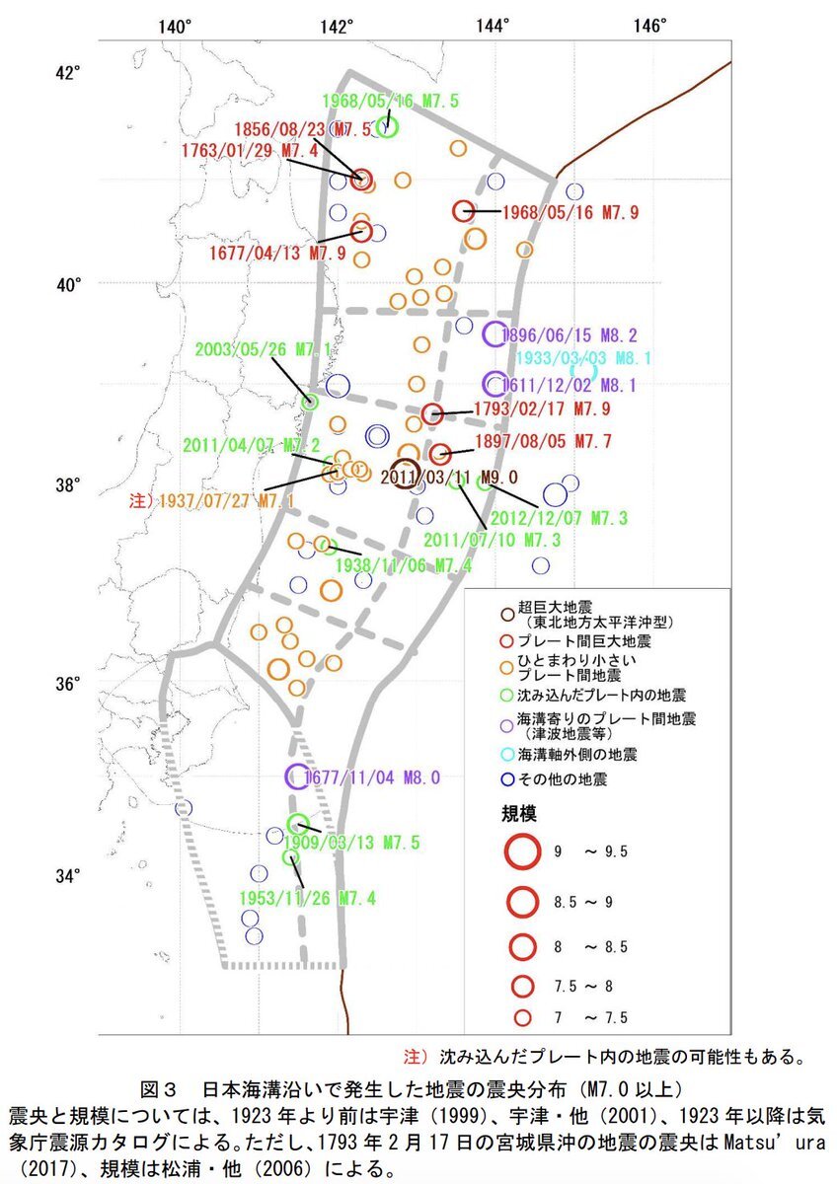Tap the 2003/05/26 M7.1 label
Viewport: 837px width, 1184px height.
tap(264, 349)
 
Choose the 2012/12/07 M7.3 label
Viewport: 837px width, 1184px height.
tap(559, 517)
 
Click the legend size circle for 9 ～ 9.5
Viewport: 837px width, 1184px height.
tap(522, 851)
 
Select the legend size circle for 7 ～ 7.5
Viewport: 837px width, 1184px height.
tap(522, 1017)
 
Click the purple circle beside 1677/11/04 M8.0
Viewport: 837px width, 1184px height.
tap(297, 777)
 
